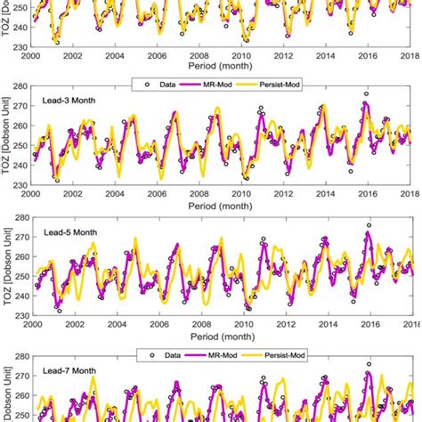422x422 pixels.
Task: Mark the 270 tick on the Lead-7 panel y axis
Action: [x=19, y=377]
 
